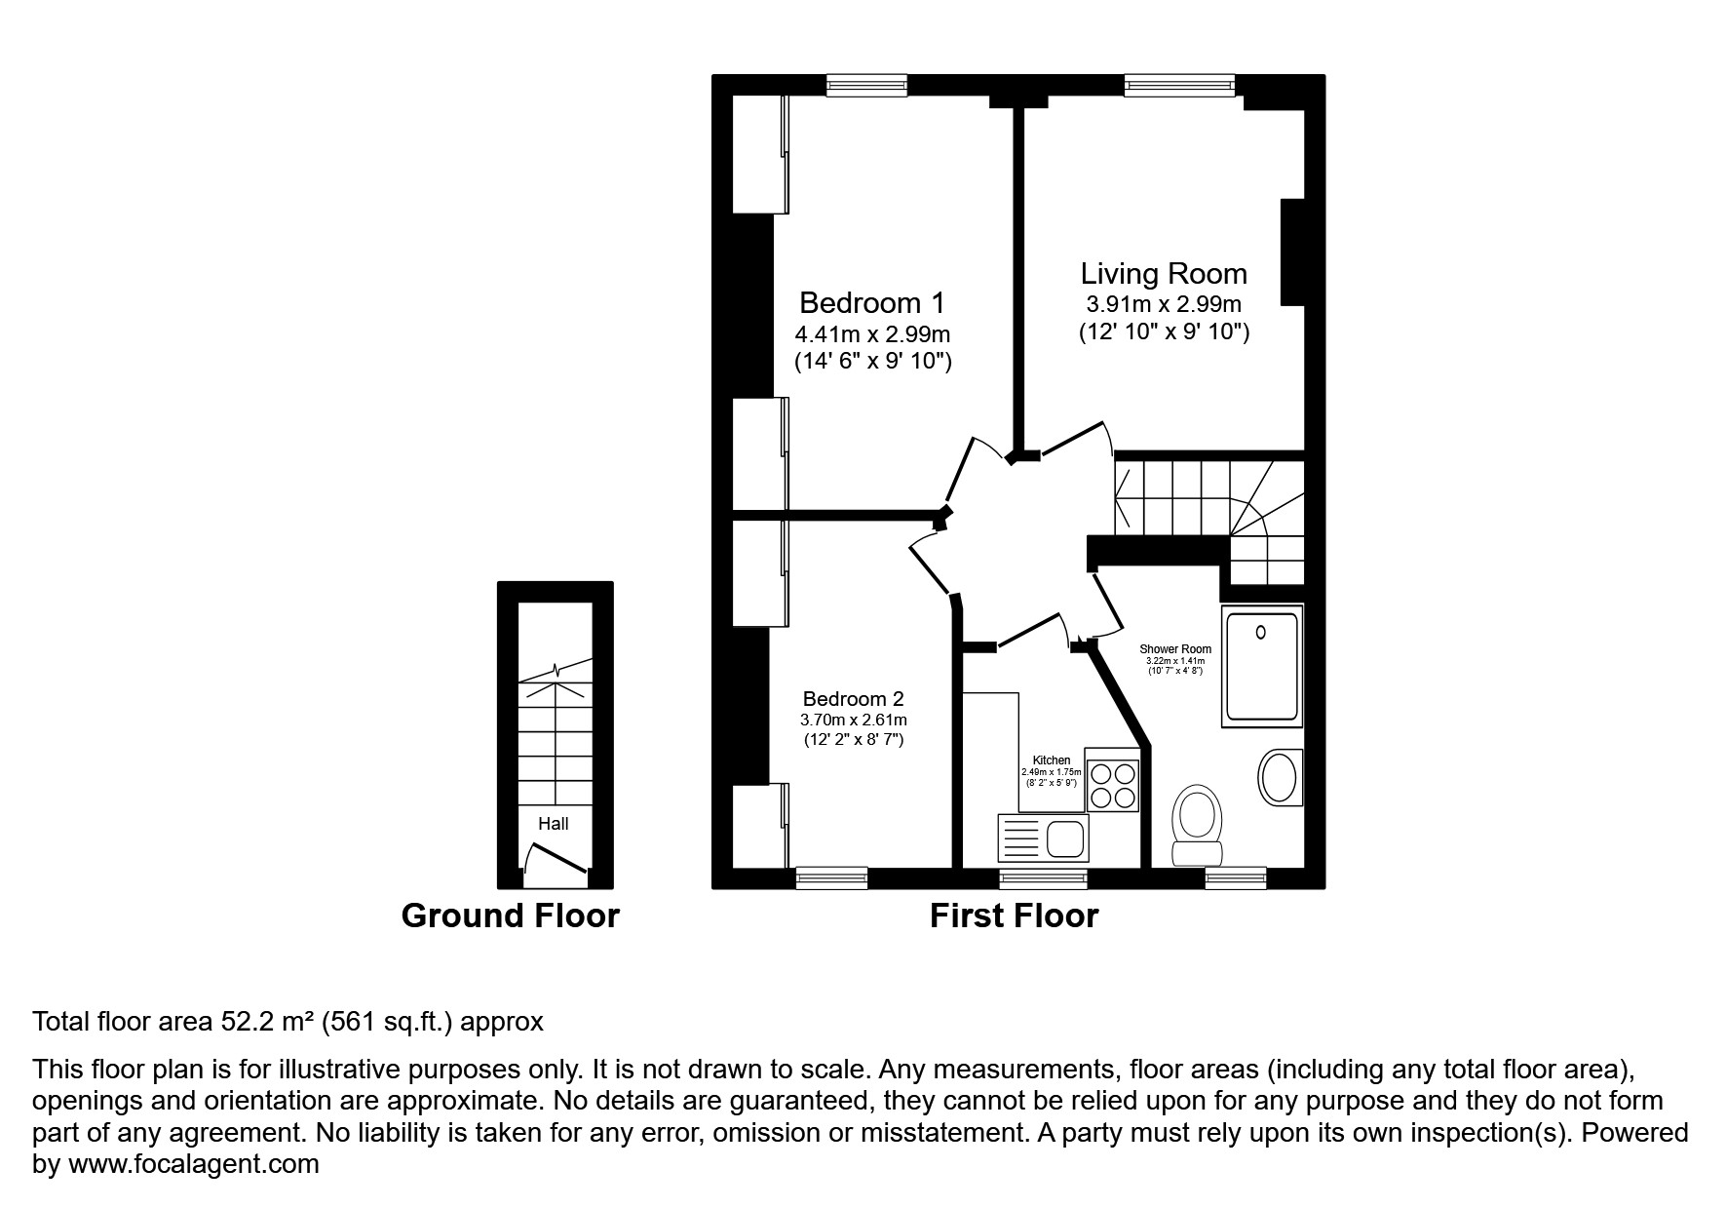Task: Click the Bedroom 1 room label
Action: click(871, 302)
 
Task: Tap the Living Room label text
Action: click(1164, 274)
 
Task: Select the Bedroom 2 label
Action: click(853, 699)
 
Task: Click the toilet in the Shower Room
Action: click(1197, 824)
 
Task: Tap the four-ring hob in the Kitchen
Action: click(1113, 786)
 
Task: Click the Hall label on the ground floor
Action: click(554, 824)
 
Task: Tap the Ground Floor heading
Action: click(510, 916)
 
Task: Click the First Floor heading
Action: click(1014, 916)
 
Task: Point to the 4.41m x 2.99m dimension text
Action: click(872, 334)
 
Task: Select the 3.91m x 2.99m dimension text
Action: click(1164, 304)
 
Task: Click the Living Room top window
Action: click(1179, 86)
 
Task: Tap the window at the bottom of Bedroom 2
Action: click(831, 878)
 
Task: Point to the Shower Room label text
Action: click(1175, 649)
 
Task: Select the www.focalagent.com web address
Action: click(191, 1164)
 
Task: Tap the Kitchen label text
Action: click(1052, 760)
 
